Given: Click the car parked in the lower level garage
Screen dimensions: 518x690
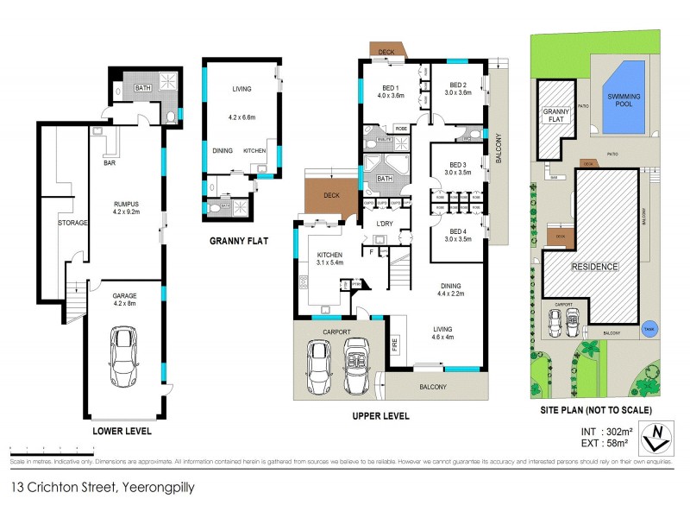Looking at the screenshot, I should tap(123, 355).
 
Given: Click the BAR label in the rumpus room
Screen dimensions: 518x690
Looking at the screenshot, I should tap(110, 161).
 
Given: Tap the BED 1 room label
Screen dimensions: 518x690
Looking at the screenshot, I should tap(391, 87).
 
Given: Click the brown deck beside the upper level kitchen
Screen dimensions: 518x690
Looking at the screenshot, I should tap(332, 196).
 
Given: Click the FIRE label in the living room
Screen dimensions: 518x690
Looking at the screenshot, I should tap(395, 344).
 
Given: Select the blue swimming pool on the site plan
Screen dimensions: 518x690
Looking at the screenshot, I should tap(622, 97).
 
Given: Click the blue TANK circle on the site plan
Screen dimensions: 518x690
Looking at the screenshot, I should tap(649, 327).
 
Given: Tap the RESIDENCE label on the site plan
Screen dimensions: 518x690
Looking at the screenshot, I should tap(594, 267).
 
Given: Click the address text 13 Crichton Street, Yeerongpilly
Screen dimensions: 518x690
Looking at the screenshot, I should tap(103, 488).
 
